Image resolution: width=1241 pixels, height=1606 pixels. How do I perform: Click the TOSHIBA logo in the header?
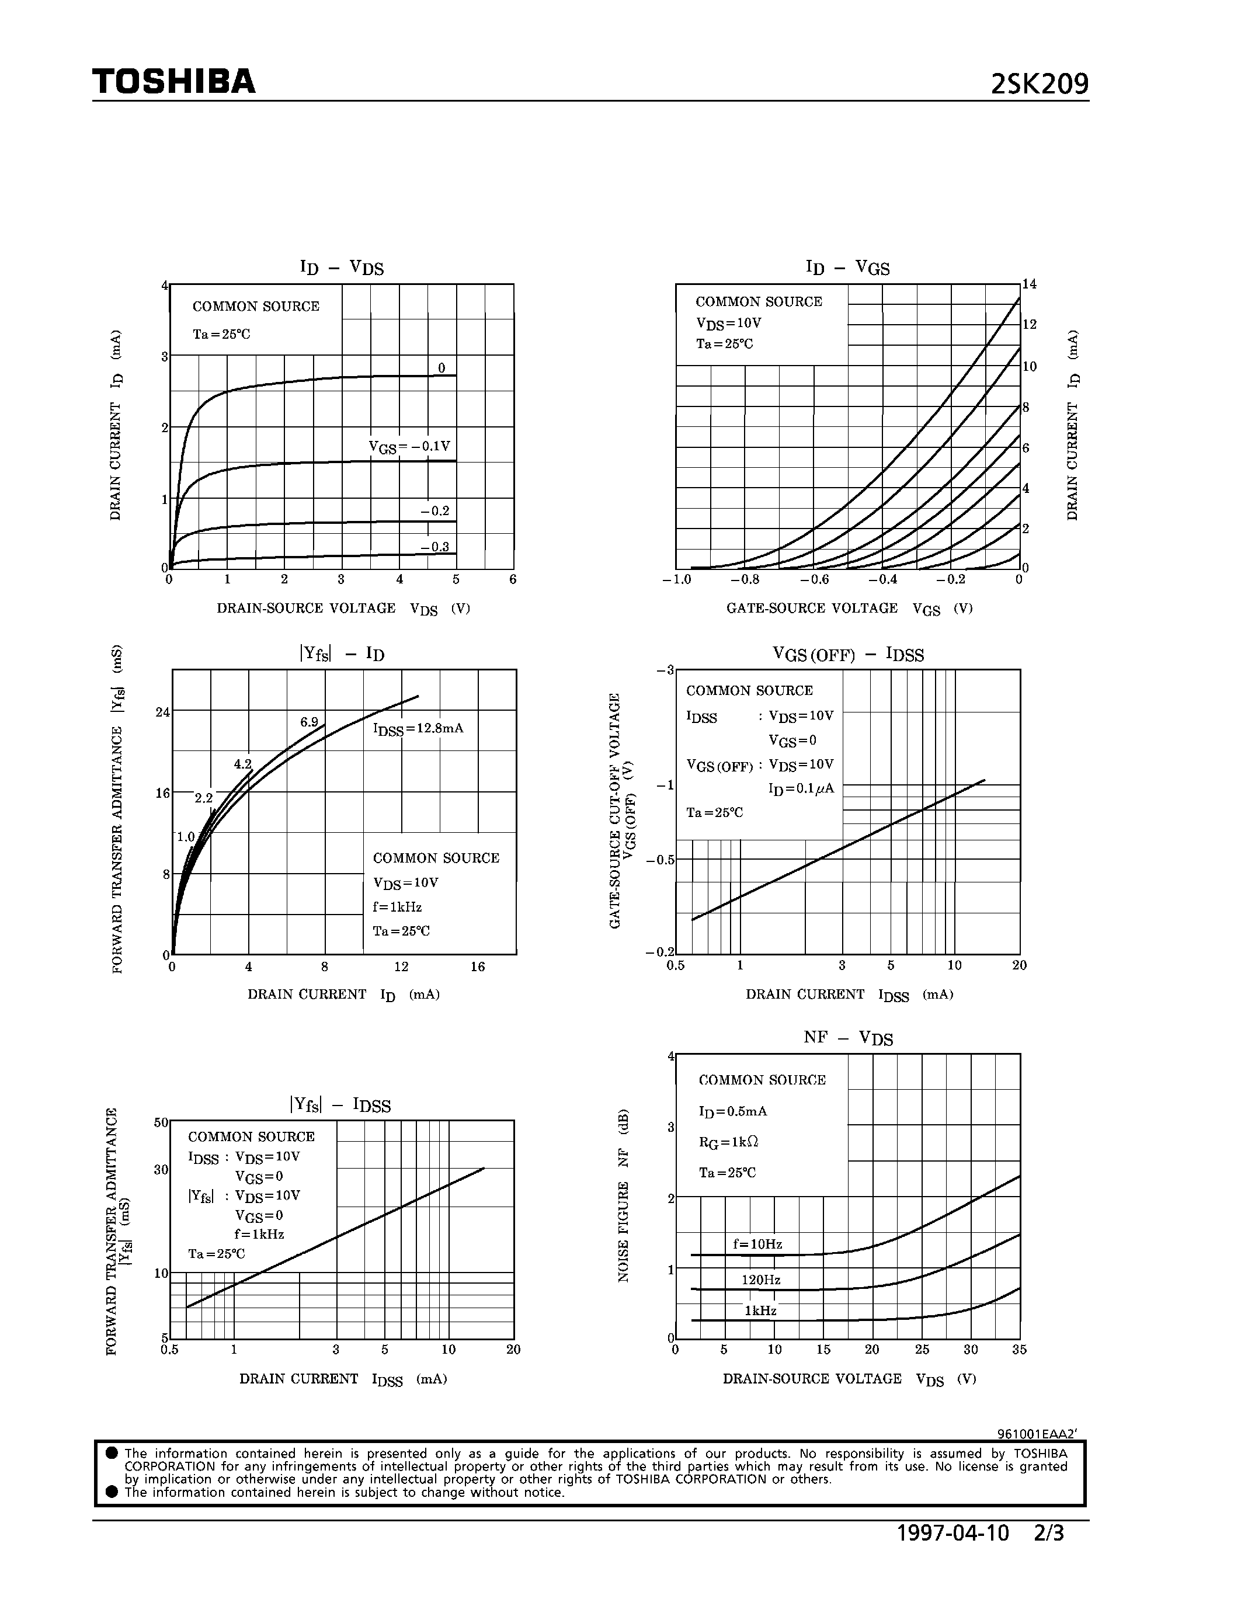[x=173, y=82]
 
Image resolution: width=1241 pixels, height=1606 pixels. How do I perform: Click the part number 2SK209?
[x=1039, y=85]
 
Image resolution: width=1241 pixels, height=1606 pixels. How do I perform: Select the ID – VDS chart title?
[x=342, y=267]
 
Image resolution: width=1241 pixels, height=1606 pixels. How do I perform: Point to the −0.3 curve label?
[x=434, y=547]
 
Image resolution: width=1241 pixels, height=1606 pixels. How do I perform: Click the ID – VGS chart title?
[x=847, y=267]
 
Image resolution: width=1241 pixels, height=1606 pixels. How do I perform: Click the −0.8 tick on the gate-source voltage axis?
[x=744, y=579]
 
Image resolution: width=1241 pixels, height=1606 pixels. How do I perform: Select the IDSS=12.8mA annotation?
[x=418, y=729]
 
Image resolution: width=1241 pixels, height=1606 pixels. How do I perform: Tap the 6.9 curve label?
[x=309, y=721]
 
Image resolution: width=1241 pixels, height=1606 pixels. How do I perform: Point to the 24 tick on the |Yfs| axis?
[x=162, y=712]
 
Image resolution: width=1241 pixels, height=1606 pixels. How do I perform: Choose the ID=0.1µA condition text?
[x=801, y=789]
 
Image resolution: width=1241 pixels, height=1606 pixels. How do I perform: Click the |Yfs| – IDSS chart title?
[x=340, y=1104]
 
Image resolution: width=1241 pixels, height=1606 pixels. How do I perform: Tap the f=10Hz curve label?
[x=757, y=1244]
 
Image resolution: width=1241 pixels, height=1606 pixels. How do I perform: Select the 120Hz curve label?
[x=761, y=1280]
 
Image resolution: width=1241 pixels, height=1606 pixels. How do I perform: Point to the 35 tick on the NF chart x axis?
[x=1019, y=1350]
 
